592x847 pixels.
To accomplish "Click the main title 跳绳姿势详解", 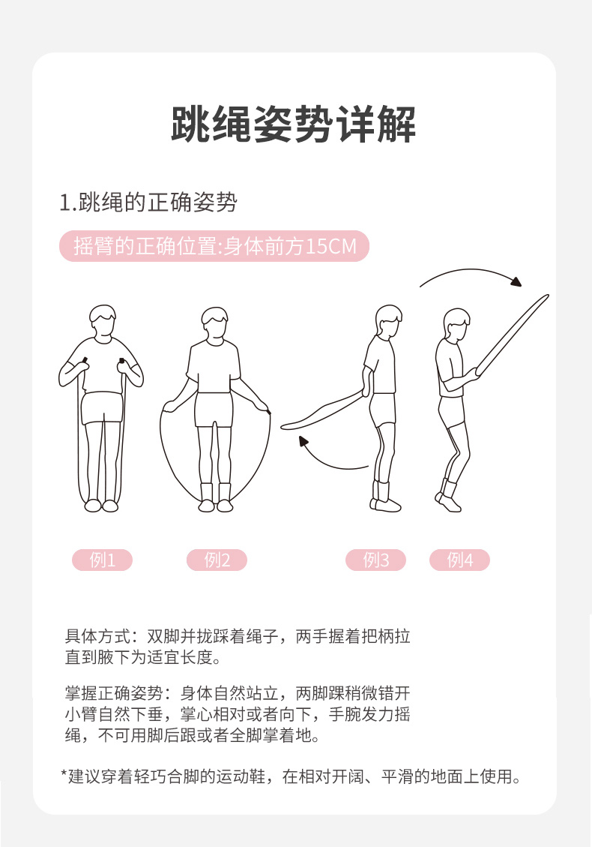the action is pos(293,125).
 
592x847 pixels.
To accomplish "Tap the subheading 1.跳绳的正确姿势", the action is pos(148,203).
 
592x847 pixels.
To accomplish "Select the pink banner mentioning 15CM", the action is pos(214,246).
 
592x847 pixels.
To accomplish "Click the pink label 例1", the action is pos(103,560).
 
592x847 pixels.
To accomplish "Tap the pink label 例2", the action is pos(217,560).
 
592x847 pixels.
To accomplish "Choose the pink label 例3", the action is pos(375,560).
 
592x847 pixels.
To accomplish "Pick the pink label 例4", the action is pos(460,560).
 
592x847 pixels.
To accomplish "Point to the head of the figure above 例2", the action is pos(215,324).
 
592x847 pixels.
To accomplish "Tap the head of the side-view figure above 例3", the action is pos(389,321).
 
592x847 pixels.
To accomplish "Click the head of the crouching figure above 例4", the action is pos(456,325).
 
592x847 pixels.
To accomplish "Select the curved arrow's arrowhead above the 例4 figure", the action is pos(516,282).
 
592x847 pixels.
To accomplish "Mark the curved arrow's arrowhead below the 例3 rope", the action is pos(303,442).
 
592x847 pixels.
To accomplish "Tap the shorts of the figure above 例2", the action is pos(214,410).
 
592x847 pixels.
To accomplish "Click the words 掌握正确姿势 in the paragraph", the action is pos(114,693).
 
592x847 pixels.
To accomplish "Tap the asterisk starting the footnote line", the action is pos(64,773).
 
